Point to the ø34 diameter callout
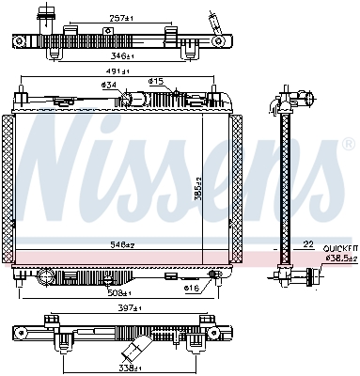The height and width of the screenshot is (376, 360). [x=108, y=86]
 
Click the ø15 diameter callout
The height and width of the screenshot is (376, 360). [x=156, y=82]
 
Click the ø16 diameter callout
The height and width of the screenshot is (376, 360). [x=191, y=288]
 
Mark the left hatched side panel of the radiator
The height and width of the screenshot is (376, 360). [x=8, y=188]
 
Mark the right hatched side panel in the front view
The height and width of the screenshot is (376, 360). [x=237, y=188]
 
